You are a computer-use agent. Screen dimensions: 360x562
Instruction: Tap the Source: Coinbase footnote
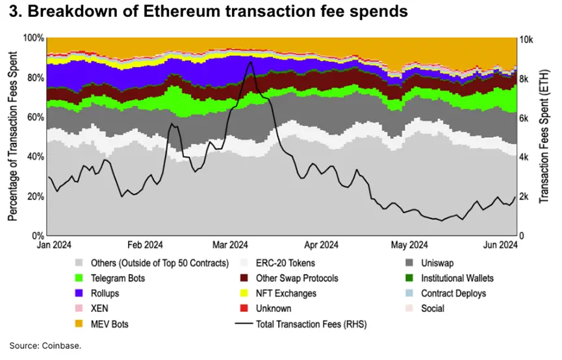pyautogui.click(x=45, y=346)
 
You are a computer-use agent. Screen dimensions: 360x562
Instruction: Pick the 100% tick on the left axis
pyautogui.click(x=33, y=38)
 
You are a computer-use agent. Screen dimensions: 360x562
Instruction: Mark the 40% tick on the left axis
pyautogui.click(x=35, y=157)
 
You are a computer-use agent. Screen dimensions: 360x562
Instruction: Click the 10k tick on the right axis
pyautogui.click(x=527, y=39)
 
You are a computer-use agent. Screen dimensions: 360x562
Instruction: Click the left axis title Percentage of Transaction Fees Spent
pyautogui.click(x=12, y=138)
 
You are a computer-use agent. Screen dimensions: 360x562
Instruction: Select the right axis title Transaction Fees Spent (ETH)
pyautogui.click(x=544, y=138)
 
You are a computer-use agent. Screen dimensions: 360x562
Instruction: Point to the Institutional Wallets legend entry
pyautogui.click(x=457, y=278)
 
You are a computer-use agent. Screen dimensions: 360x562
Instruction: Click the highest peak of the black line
pyautogui.click(x=250, y=62)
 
